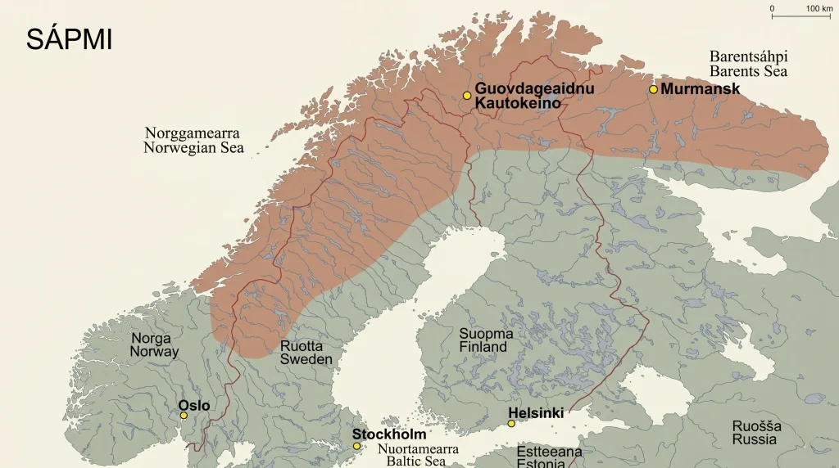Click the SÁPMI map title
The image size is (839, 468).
coord(69,39)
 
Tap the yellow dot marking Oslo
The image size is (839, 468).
coord(184,416)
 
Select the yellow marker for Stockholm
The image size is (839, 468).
coord(356,446)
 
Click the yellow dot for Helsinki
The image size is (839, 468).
coord(511,424)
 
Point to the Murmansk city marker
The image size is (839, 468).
coord(653,89)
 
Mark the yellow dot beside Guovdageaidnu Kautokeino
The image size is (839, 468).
coord(467,96)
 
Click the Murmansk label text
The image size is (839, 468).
coord(700,89)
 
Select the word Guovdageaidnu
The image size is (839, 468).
coord(534,88)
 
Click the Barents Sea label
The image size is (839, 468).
coord(748,64)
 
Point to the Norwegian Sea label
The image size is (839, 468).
coord(193,140)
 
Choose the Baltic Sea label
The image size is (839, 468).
coord(412,456)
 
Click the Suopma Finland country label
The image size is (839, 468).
coord(486,340)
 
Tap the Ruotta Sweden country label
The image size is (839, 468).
coord(306,353)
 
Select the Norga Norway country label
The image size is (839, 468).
coord(154,345)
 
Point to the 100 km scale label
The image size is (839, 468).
coord(819,8)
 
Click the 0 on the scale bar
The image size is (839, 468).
coord(771,8)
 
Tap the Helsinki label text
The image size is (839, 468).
coord(536,413)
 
